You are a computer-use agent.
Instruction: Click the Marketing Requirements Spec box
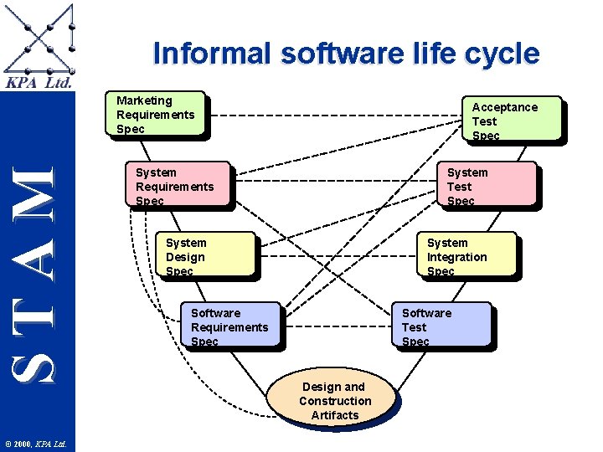[155, 113]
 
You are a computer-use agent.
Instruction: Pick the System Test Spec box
[489, 184]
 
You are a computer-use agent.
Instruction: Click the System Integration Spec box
[468, 254]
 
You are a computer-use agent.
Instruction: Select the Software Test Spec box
[443, 325]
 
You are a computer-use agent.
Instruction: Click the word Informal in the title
[213, 54]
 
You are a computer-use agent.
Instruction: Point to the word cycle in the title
[503, 54]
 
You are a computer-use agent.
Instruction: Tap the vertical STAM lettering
[37, 272]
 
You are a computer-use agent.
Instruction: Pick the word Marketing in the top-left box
[144, 100]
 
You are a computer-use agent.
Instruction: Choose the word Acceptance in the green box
[504, 107]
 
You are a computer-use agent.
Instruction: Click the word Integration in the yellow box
[456, 257]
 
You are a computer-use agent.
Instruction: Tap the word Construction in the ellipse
[335, 401]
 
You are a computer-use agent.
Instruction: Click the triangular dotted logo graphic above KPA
[39, 38]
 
